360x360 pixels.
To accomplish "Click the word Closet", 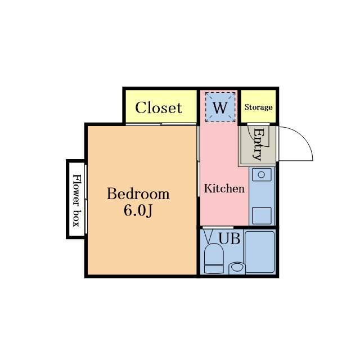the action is pos(159,107).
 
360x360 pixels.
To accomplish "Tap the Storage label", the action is pos(258,107).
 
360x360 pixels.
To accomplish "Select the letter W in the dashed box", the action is pos(220,107).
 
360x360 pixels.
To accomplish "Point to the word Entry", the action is pos(258,144).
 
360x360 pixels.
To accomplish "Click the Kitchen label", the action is pos(224,188).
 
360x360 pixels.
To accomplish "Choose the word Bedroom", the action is pos(138,193).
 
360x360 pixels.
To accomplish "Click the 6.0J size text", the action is pos(138,210).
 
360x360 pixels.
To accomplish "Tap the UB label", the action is pos(229,238).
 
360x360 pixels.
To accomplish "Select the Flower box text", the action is pos(76,200).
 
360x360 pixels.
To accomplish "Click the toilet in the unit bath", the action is pos(214,258).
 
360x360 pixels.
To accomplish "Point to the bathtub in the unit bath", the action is pos(260,252).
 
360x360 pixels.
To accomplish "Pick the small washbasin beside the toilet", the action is pos(237,268).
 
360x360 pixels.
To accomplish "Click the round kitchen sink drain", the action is pos(261,175).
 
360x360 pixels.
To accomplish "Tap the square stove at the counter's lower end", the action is pos(262,215).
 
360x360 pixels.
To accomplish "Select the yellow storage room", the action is pos(258,106).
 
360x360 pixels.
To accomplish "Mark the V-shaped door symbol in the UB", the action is pos(208,236).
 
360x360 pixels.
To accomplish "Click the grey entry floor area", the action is pos(258,145).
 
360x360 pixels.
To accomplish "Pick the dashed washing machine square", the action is pos(220,107).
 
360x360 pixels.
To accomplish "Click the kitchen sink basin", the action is pos(262,174).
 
